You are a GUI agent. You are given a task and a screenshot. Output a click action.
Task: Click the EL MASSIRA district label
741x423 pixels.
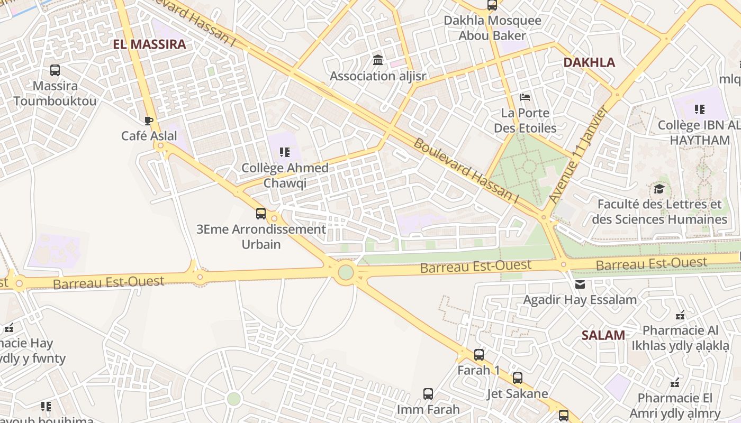(x=149, y=44)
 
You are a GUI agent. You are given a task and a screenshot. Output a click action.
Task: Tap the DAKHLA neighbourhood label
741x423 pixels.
(x=589, y=62)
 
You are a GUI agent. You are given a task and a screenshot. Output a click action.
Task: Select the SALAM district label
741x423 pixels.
(x=603, y=335)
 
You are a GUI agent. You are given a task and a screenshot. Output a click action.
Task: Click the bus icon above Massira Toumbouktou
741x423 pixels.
(x=55, y=70)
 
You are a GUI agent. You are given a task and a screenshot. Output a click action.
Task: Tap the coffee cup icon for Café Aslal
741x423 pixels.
(x=149, y=121)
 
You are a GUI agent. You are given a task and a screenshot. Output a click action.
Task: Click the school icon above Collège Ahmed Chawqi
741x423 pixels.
(x=285, y=153)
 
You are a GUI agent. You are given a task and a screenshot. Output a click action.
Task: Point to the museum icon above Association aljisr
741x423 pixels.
(x=378, y=60)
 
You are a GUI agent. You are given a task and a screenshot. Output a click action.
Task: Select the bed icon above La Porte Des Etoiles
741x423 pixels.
(x=525, y=97)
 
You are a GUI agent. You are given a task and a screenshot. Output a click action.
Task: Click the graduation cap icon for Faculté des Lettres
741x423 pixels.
(x=659, y=189)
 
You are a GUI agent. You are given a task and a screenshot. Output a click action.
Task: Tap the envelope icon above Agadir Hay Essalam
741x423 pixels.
(x=580, y=284)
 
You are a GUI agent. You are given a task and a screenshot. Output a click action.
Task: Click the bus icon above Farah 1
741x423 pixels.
(x=479, y=354)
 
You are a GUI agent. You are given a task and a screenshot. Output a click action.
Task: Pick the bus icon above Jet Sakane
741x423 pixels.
(x=518, y=378)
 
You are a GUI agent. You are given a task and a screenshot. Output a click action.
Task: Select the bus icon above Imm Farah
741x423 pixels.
(x=428, y=394)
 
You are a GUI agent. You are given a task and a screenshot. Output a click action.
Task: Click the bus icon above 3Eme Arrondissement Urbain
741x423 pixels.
(x=261, y=214)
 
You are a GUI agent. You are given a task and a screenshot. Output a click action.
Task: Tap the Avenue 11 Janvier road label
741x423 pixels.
(x=578, y=154)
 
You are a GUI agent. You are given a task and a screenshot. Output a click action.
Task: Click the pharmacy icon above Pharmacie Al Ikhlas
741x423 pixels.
(x=680, y=315)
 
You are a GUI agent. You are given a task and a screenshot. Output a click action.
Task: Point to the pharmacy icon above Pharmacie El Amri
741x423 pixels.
(x=675, y=382)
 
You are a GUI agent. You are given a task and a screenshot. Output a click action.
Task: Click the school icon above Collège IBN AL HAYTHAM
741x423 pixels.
(x=700, y=109)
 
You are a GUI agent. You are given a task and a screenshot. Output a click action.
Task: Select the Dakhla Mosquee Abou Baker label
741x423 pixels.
(x=492, y=28)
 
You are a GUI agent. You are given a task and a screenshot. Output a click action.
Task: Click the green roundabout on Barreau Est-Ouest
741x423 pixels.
(x=346, y=272)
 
